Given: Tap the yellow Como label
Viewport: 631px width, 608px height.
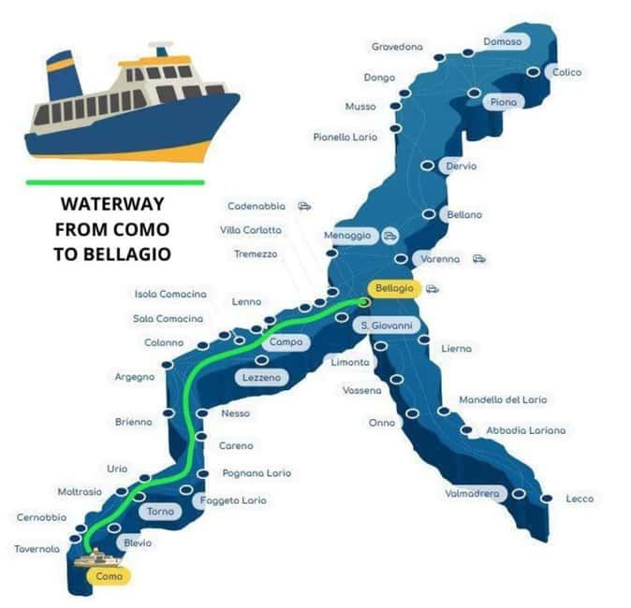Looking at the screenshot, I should click(110, 576).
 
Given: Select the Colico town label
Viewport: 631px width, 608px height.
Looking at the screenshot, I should click(566, 72).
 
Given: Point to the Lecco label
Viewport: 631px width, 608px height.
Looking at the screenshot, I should click(580, 499).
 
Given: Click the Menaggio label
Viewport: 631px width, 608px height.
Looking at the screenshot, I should click(347, 235).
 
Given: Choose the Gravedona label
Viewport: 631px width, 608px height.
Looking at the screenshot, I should click(397, 47).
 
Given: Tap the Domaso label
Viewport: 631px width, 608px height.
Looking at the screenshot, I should click(502, 42).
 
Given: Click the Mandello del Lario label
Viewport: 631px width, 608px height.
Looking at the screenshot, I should click(503, 399).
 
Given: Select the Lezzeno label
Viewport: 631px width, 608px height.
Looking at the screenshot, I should click(260, 377).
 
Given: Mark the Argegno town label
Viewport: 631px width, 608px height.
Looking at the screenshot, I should click(134, 376).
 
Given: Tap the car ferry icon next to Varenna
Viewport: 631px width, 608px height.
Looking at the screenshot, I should click(479, 259).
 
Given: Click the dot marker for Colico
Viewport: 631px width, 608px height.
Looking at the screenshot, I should click(533, 72).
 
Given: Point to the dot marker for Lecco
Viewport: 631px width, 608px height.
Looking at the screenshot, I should click(547, 499).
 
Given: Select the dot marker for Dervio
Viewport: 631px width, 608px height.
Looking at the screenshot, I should click(427, 166).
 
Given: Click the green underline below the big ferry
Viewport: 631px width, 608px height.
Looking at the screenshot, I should click(115, 181).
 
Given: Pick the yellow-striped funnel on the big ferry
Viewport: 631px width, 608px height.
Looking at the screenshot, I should click(62, 76).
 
